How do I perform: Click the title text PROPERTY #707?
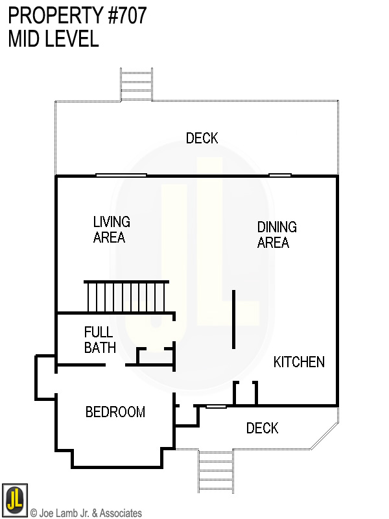(77, 16)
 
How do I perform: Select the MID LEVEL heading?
(53, 39)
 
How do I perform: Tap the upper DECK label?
(202, 138)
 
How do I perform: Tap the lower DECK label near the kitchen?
(262, 428)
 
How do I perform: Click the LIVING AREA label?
(111, 230)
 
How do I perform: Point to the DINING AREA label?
(277, 235)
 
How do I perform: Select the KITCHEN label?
(298, 362)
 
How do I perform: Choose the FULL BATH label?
(100, 340)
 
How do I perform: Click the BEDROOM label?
(115, 412)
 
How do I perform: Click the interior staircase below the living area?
(126, 296)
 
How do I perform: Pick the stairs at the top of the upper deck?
(136, 84)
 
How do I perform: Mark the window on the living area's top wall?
(121, 175)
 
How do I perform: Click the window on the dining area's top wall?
(279, 175)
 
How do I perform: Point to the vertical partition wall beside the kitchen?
(233, 319)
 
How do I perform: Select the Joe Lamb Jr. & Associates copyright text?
(86, 513)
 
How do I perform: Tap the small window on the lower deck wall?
(216, 407)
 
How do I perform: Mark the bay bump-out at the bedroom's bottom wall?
(116, 458)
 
